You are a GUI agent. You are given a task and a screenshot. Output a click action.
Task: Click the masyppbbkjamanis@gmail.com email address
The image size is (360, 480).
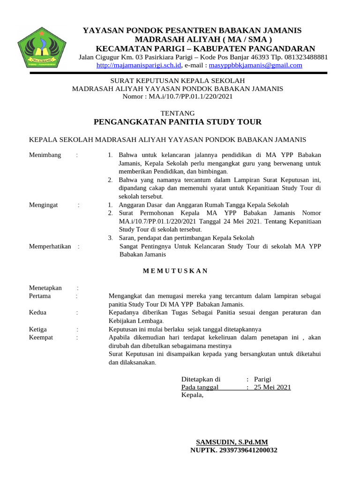point(255,66)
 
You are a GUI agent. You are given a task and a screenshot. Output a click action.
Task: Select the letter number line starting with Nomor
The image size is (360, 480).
point(177,97)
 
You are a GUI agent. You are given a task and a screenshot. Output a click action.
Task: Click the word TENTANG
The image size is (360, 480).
point(178,113)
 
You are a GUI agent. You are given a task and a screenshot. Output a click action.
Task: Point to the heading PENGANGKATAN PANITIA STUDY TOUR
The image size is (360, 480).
point(178,122)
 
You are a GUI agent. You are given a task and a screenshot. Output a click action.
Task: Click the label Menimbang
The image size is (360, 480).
point(45,155)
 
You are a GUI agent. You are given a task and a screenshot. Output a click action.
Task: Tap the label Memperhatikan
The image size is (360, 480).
point(50,246)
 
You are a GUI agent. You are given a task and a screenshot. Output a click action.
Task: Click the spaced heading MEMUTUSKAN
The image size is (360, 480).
point(175,271)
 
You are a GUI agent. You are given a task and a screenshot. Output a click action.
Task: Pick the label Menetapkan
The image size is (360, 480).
point(45,288)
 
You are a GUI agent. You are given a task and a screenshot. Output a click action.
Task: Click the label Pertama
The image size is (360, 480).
point(40,296)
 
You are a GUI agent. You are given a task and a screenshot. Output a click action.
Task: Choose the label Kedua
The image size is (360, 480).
point(38,313)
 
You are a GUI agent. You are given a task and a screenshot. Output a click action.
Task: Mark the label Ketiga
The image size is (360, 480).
point(38,329)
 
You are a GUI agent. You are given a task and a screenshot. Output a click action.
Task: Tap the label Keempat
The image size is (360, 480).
point(41,337)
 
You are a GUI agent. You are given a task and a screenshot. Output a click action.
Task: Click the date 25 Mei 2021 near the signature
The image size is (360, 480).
point(272,387)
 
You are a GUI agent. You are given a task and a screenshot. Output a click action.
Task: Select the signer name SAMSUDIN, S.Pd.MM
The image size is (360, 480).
point(232,442)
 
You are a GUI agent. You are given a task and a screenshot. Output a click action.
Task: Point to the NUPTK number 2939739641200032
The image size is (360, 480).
point(233,450)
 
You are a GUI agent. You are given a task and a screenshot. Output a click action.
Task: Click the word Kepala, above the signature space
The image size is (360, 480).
point(193,395)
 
